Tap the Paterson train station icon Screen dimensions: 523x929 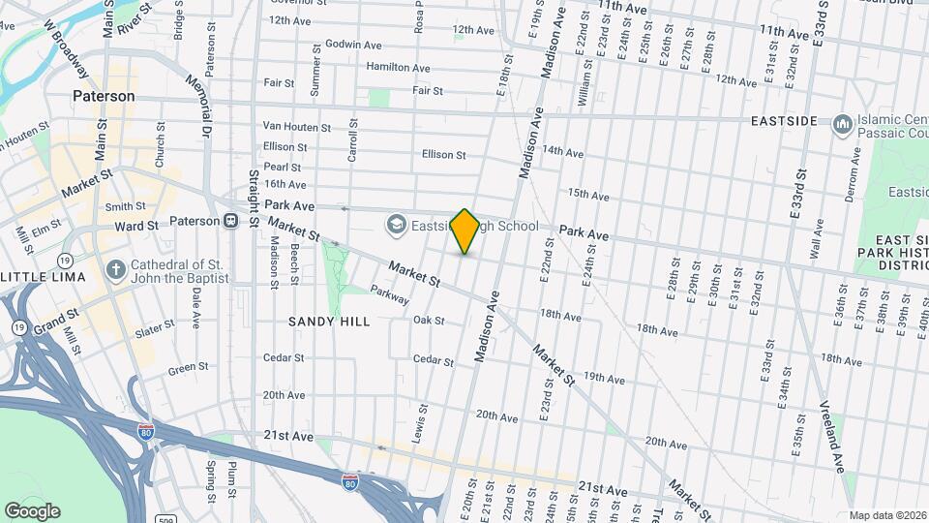[x=231, y=221]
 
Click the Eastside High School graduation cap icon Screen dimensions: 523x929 [x=396, y=226]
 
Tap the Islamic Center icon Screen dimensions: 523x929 [x=842, y=123]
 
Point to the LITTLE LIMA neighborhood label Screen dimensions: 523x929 [x=45, y=277]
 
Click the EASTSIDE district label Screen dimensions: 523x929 [x=785, y=121]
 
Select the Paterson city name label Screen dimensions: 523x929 [x=104, y=97]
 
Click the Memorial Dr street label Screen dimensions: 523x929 [x=205, y=106]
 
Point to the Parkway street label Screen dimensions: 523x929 [x=388, y=295]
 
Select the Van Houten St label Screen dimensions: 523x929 [x=296, y=127]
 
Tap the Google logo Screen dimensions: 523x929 [x=32, y=511]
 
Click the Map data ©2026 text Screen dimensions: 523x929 [x=886, y=515]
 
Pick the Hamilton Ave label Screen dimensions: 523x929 [x=398, y=67]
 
